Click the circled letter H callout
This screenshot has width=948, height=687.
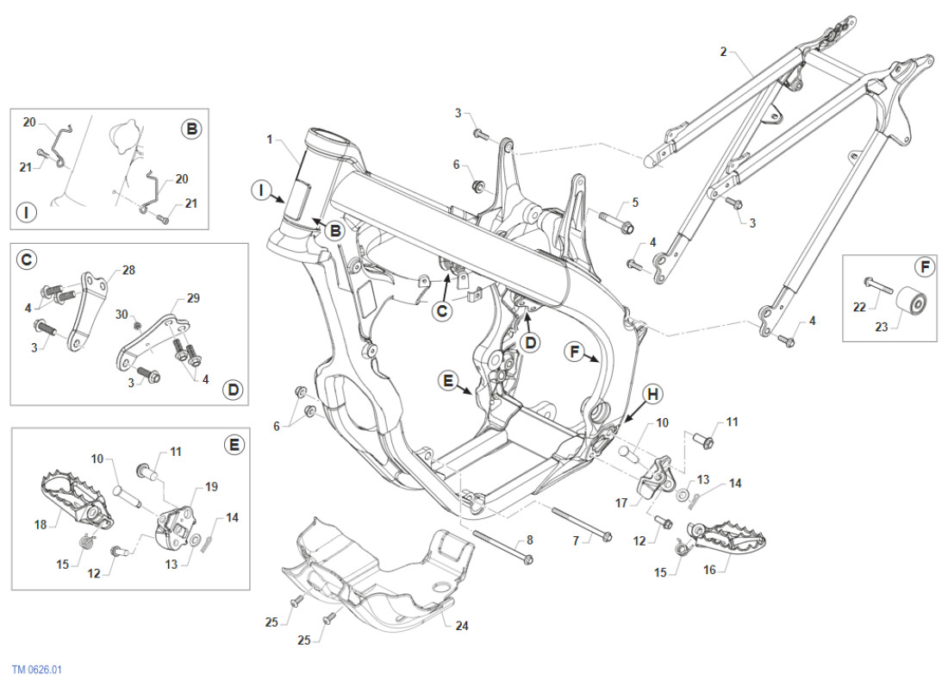pyautogui.click(x=653, y=394)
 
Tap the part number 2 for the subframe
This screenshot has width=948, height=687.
pyautogui.click(x=723, y=52)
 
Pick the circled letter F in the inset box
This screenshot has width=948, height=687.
pyautogui.click(x=924, y=267)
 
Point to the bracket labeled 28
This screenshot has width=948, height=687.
pyautogui.click(x=88, y=306)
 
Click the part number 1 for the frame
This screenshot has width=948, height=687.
pyautogui.click(x=270, y=139)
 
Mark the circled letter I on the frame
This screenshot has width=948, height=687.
pyautogui.click(x=262, y=190)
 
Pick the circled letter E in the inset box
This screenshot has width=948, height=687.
pyautogui.click(x=233, y=445)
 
